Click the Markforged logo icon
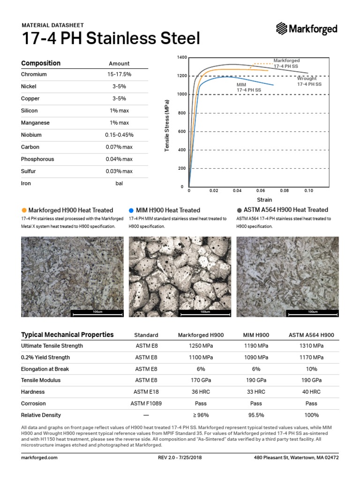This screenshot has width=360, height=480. tap(282, 29)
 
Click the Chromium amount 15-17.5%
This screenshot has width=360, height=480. tap(119, 75)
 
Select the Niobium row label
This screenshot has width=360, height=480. tap(31, 135)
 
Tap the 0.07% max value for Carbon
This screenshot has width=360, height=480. tap(119, 147)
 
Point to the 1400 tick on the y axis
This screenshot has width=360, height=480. tap(182, 57)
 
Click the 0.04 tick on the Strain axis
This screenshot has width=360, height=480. tap(237, 191)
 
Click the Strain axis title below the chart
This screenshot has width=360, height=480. tap(264, 200)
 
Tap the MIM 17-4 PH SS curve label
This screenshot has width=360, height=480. tap(248, 87)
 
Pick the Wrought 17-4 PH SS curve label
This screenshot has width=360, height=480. tap(309, 81)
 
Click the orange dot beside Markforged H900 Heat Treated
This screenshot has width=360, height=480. tap(24, 210)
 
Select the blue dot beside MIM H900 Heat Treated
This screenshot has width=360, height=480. tap(132, 210)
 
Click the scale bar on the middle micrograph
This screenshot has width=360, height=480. tap(205, 312)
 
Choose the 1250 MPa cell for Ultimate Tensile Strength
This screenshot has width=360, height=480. tap(201, 346)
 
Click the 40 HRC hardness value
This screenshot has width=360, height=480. tap(311, 392)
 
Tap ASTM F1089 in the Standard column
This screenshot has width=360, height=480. tap(146, 404)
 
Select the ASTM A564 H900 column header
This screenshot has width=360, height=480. tap(311, 335)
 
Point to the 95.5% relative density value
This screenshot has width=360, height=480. tap(256, 415)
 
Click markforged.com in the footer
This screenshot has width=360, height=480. tap(39, 457)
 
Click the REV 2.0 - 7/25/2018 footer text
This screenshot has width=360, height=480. tap(180, 457)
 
